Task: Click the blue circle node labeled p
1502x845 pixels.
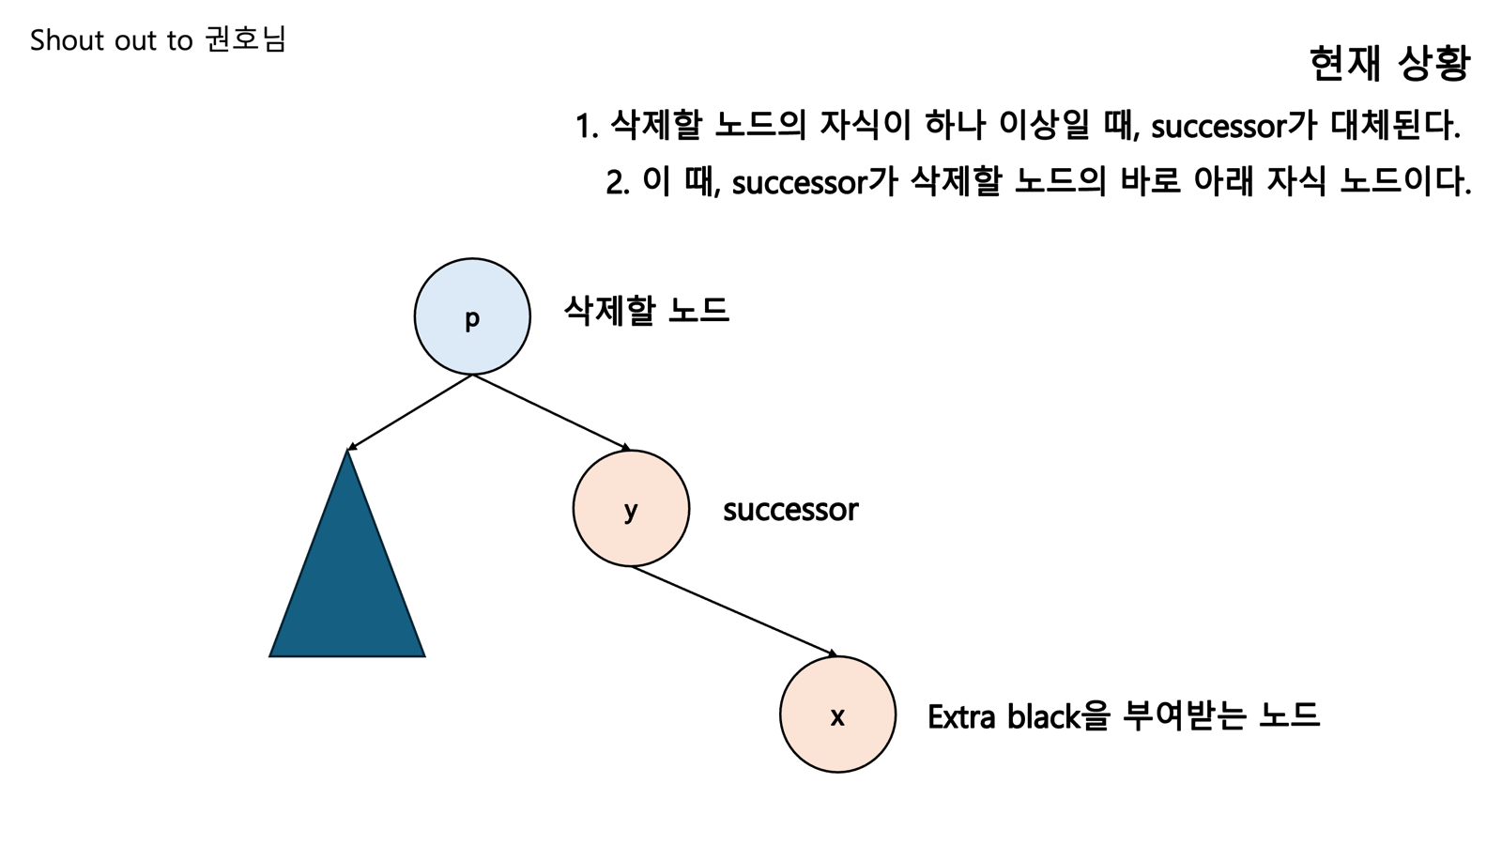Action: point(472,316)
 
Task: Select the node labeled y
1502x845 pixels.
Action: point(631,509)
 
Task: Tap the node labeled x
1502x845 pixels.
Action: point(837,715)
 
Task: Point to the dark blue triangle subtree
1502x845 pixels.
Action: point(347,582)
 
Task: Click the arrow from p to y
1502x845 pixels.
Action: point(551,411)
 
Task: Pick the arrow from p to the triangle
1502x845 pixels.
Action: point(409,412)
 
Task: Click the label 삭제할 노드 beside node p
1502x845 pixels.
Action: point(646,310)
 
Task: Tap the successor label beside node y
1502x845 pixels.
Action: point(790,510)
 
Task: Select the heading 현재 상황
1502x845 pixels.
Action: point(1389,64)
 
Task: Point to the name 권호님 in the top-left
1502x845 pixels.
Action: point(245,39)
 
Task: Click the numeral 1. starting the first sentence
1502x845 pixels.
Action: point(587,126)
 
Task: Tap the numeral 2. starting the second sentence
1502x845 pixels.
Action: point(618,182)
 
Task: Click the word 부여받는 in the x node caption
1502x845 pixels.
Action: point(1184,716)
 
